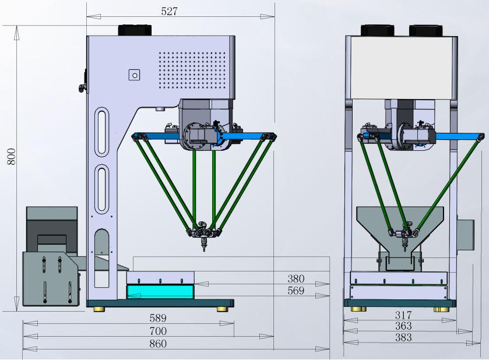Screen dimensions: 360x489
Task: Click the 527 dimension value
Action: (x=168, y=11)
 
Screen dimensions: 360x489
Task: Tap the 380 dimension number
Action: (x=295, y=278)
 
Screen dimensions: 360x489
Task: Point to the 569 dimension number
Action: (x=295, y=291)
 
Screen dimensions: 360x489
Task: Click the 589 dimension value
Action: (x=157, y=318)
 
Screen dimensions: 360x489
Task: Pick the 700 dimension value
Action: (x=157, y=331)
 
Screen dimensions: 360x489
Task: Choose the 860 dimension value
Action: (x=157, y=344)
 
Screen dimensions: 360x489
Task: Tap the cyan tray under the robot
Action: (x=160, y=291)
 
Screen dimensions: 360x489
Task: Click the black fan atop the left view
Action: (x=135, y=30)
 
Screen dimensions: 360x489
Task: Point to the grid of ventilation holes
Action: (x=192, y=70)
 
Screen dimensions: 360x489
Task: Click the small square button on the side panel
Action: (x=135, y=75)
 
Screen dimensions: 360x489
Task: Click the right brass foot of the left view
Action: (x=222, y=309)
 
